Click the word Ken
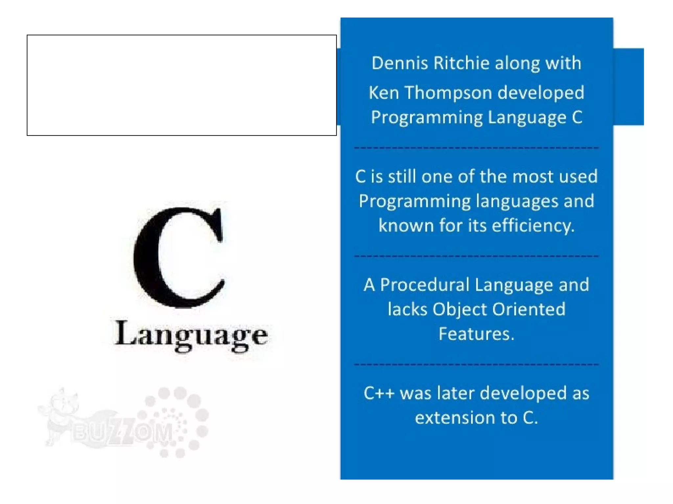(x=383, y=93)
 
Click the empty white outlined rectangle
(x=181, y=85)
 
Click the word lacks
(x=407, y=309)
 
